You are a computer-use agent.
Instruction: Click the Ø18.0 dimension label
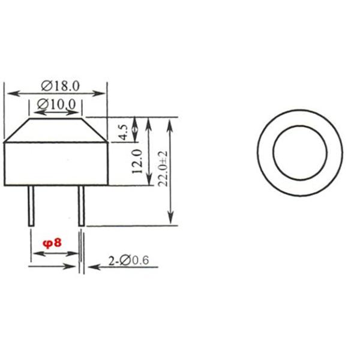point(61,86)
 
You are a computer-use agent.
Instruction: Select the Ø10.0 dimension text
point(56,104)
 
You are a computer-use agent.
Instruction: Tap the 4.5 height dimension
point(122,132)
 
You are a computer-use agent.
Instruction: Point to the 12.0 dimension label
point(137,161)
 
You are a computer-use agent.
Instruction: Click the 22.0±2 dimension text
point(163,169)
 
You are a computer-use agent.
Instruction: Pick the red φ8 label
point(52,243)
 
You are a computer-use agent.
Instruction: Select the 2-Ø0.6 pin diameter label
point(128,261)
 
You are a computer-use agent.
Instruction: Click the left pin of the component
point(31,206)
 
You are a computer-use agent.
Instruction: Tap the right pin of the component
point(81,206)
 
